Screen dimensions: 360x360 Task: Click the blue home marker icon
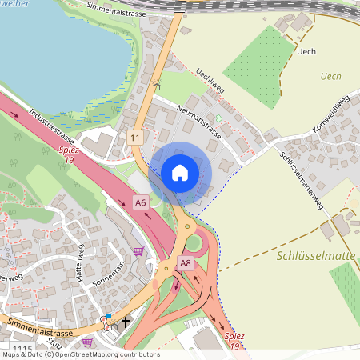(x=180, y=172)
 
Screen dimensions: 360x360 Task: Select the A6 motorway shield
(x=141, y=202)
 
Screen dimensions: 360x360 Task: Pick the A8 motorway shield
(x=186, y=262)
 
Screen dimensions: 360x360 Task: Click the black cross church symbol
(x=125, y=321)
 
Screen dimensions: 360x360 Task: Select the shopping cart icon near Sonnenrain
(x=139, y=251)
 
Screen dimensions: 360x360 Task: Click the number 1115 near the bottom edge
(x=23, y=349)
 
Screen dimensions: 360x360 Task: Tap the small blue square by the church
(x=109, y=317)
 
